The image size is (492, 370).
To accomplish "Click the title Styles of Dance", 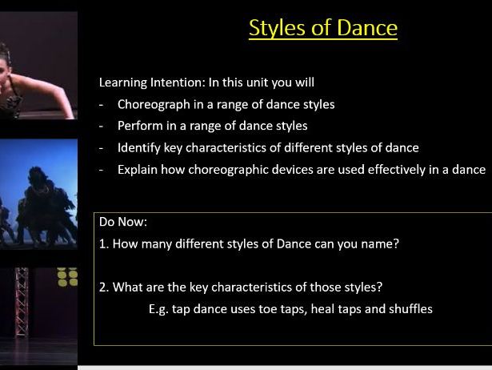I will click(x=322, y=28).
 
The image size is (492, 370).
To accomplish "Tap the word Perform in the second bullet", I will click(x=140, y=126).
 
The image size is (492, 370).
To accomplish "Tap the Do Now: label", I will click(x=122, y=222).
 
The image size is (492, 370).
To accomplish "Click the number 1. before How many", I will click(x=104, y=244).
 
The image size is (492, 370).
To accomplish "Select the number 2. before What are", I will click(x=104, y=287).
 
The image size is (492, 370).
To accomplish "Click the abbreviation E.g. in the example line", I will click(x=159, y=308).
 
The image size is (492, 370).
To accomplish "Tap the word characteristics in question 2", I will click(x=245, y=287).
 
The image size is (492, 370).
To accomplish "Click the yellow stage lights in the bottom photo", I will click(x=67, y=277).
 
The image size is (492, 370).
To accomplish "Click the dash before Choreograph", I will click(x=102, y=104).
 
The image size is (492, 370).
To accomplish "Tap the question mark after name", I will click(x=395, y=244).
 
